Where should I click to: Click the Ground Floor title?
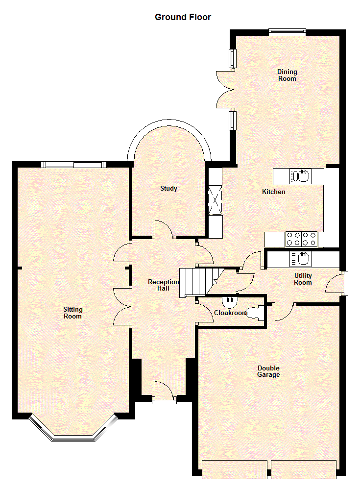pyautogui.click(x=183, y=17)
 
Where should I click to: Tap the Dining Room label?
pyautogui.click(x=287, y=75)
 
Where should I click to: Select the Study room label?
pyautogui.click(x=169, y=188)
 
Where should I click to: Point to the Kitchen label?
pyautogui.click(x=274, y=192)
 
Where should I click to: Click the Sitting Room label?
pyautogui.click(x=73, y=313)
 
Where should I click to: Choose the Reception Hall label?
pyautogui.click(x=164, y=285)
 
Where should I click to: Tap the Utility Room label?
pyautogui.click(x=303, y=279)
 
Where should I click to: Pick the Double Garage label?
pyautogui.click(x=268, y=371)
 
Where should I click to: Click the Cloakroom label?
pyautogui.click(x=231, y=313)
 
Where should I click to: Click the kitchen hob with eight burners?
pyautogui.click(x=301, y=239)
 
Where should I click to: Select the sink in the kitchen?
pyautogui.click(x=300, y=176)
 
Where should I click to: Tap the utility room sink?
pyautogui.click(x=300, y=259)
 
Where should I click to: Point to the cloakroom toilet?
pyautogui.click(x=255, y=313)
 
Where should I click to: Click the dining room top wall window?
pyautogui.click(x=287, y=31)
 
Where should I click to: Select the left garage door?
pyautogui.click(x=235, y=469)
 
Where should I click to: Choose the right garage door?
pyautogui.click(x=304, y=469)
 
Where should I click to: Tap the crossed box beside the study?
pyautogui.click(x=215, y=200)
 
